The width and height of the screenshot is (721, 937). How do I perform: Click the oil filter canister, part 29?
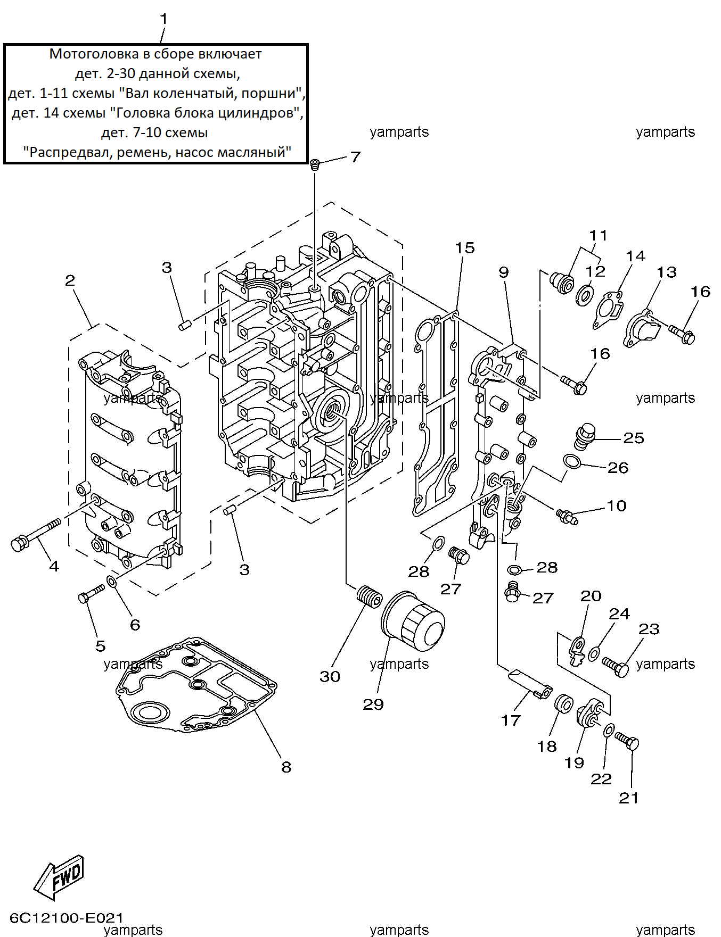click(x=413, y=621)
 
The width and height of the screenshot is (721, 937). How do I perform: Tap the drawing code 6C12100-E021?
click(x=67, y=917)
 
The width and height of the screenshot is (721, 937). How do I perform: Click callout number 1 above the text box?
click(x=163, y=19)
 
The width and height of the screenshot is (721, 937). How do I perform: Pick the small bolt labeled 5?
click(x=92, y=593)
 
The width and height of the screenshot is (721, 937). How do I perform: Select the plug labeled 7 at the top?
click(x=315, y=164)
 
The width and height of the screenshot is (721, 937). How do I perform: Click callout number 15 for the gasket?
click(x=465, y=248)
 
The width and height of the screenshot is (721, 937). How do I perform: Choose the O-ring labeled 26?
click(x=572, y=461)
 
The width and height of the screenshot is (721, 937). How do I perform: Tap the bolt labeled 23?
click(x=616, y=666)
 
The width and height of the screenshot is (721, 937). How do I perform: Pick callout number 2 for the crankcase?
click(x=70, y=280)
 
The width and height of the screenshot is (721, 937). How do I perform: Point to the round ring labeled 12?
click(x=585, y=295)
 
